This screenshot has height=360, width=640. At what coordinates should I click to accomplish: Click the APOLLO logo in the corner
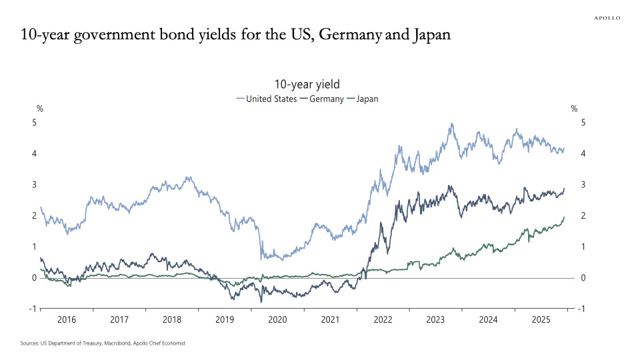607,18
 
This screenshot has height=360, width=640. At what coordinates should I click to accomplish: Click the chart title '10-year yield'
307,84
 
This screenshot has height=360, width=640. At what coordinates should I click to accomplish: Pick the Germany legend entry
326,99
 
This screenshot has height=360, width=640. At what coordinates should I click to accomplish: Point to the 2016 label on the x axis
67,320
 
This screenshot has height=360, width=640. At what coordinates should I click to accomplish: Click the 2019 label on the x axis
225,320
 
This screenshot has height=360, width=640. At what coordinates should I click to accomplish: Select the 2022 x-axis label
383,320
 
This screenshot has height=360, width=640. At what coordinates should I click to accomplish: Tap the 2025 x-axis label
541,320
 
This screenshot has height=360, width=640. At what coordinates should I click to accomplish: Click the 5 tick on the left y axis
35,123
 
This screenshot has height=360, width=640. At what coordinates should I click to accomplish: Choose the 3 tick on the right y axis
583,185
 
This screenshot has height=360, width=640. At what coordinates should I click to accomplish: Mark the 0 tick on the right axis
583,277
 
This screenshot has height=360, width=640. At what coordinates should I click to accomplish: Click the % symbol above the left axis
39,109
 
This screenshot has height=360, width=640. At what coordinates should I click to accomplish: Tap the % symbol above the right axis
574,109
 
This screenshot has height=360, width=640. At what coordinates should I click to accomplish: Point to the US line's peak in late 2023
452,123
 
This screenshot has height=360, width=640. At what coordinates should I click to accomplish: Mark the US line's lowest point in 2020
261,260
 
